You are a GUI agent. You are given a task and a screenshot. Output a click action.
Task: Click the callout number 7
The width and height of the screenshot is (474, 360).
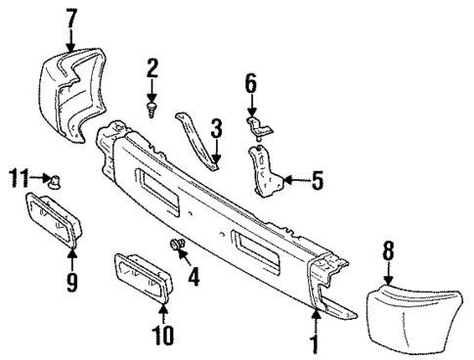point(70,17)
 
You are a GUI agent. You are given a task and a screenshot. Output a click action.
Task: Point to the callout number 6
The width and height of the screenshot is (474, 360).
point(250,85)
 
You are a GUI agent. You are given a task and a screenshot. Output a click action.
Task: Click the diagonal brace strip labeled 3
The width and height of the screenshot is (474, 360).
point(200,137)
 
